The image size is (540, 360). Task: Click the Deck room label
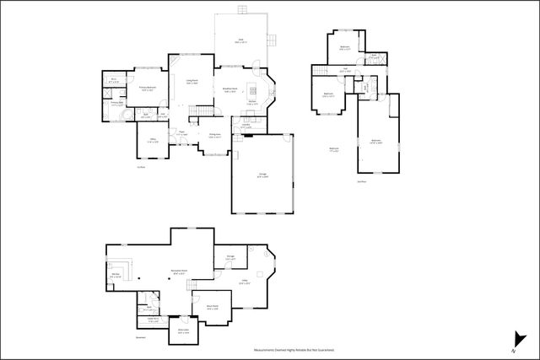pos(240,40)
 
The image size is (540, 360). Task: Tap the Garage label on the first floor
pos(262,175)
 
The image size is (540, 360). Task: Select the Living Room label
pos(192,82)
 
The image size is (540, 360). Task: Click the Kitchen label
pos(252,103)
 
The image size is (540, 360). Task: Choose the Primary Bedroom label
pos(148,88)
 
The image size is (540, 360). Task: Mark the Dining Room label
pos(215,136)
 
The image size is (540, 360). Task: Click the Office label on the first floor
pos(153,140)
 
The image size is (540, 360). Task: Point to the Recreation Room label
pos(179,273)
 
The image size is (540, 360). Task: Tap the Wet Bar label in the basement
pos(116,275)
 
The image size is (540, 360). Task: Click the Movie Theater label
pos(213,307)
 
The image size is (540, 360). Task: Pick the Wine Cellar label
pos(183,331)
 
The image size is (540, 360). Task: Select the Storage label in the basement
pos(230,257)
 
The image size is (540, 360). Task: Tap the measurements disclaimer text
pos(294,348)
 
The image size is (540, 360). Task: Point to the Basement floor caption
pos(116,337)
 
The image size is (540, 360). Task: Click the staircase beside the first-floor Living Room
pos(201,112)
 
